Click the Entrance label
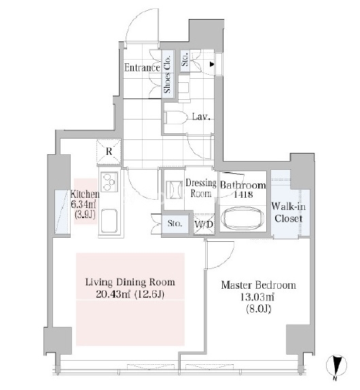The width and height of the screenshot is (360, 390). [142, 68]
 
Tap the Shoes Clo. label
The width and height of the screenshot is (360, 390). [167, 74]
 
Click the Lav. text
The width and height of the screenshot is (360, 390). [201, 117]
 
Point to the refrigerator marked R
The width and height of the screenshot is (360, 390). [109, 152]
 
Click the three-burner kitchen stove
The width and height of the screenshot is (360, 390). [109, 181]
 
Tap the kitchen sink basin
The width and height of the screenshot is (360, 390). [109, 220]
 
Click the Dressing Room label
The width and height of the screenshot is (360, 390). [201, 188]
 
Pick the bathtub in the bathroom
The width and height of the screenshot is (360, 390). [242, 218]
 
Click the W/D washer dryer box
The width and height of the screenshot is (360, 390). [204, 224]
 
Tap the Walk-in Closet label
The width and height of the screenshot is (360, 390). [289, 212]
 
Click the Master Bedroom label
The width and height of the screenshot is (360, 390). [259, 285]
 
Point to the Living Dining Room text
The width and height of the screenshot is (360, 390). [130, 282]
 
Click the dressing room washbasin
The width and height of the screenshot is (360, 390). [175, 190]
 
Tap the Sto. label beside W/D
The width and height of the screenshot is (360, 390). [175, 223]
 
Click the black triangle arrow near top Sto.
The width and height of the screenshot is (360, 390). [212, 65]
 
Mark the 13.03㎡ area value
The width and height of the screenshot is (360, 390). [257, 297]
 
